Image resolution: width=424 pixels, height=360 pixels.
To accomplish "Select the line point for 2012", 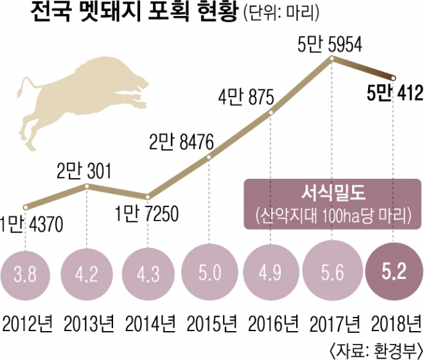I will tap(24, 207).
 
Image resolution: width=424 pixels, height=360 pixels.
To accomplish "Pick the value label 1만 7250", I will tap(148, 213).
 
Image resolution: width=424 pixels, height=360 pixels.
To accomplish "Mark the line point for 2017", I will tap(331, 59).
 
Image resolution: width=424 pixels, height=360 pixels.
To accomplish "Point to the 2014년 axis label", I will tap(148, 321).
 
